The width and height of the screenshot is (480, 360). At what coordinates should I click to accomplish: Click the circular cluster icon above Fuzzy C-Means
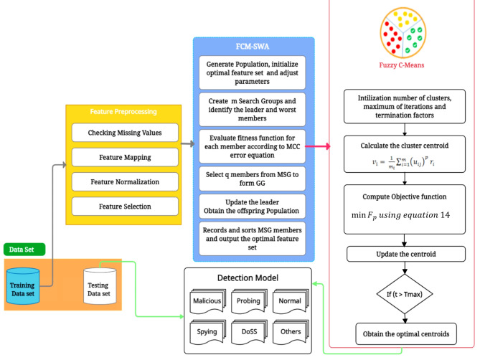(x=405, y=32)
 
